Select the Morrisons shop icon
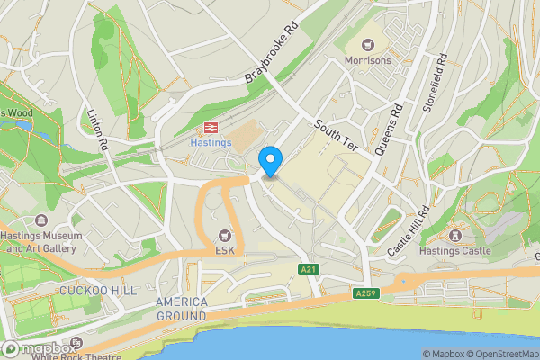tap(368, 45)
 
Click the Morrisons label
tap(368, 60)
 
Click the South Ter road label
tap(337, 136)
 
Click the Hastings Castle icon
tap(454, 236)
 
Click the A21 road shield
tap(310, 269)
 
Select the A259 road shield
tap(365, 292)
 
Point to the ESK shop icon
tap(223, 236)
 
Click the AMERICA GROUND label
tap(181, 309)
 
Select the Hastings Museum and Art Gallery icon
tap(40, 220)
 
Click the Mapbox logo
tap(38, 348)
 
